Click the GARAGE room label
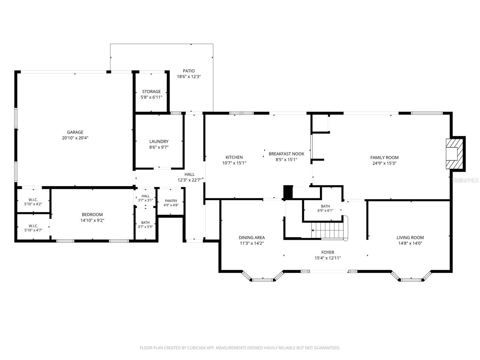pos(75,132)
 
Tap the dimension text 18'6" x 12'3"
pos(189,77)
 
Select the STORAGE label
pos(151,91)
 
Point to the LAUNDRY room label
pos(159,142)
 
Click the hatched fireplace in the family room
pos(454,154)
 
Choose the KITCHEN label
pos(234,157)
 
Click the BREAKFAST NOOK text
pos(286,154)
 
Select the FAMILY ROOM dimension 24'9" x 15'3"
pos(384,163)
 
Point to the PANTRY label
pos(171,201)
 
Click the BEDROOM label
pos(92,214)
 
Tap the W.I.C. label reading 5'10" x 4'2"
pos(33,202)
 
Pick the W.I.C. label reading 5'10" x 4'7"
pos(33,228)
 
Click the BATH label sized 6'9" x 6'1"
pos(325,208)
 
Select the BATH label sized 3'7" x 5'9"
pos(145,225)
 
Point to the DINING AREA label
pos(252,238)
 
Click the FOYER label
pos(328,252)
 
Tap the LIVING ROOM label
pos(410,238)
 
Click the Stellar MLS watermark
pos(465,180)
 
